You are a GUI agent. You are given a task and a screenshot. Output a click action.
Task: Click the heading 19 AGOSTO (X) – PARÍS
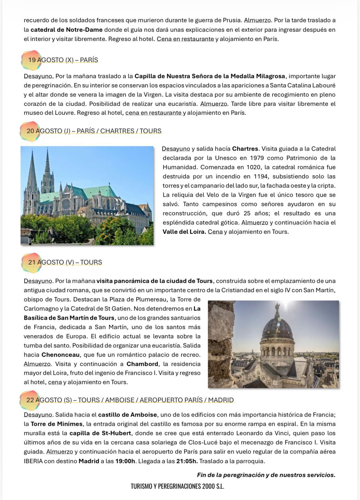tap(63, 60)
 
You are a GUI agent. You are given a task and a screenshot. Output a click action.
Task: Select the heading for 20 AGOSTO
tap(94, 131)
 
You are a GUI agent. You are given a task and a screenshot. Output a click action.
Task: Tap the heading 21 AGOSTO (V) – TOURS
tap(65, 262)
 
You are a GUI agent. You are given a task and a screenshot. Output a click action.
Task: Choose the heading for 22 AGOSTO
tap(130, 400)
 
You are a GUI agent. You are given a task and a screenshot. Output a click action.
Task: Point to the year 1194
tap(261, 177)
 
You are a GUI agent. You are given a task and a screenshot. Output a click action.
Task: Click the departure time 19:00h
tap(125, 461)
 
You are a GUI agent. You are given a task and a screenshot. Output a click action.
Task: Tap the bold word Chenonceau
tap(61, 355)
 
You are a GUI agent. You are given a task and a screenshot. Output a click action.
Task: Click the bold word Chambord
tap(142, 364)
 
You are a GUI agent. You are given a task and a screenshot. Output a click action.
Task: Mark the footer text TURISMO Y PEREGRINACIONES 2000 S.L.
tap(178, 486)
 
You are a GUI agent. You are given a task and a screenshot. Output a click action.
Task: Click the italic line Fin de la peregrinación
tap(266, 475)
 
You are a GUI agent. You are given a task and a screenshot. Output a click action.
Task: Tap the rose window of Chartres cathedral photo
tap(66, 204)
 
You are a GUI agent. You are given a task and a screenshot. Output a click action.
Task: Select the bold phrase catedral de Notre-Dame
tap(66, 30)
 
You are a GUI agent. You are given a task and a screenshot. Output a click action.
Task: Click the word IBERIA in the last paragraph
tap(33, 461)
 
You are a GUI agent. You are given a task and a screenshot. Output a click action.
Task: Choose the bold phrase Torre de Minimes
tap(57, 424)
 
